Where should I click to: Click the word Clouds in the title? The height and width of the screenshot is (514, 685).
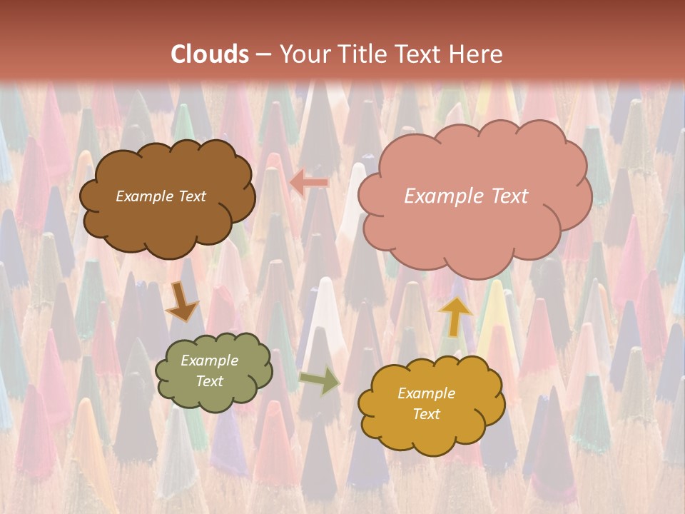click(x=210, y=54)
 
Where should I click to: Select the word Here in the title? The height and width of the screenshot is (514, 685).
click(x=477, y=54)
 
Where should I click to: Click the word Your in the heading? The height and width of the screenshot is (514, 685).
click(x=305, y=54)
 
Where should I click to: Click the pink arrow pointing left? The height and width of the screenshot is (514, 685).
click(x=309, y=183)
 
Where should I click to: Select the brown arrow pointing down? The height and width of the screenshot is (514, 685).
click(x=181, y=302)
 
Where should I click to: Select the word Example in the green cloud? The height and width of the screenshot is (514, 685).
click(x=209, y=361)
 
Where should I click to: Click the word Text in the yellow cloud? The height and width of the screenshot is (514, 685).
click(x=427, y=414)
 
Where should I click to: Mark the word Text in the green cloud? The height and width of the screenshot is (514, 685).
click(x=209, y=381)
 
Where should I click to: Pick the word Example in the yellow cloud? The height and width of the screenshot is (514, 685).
click(x=426, y=393)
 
